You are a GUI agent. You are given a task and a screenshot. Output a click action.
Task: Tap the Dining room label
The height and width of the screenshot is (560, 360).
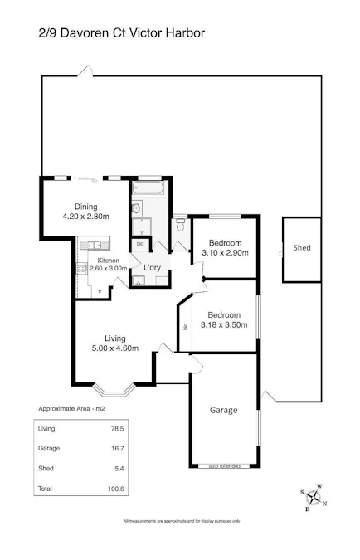(x=86, y=207)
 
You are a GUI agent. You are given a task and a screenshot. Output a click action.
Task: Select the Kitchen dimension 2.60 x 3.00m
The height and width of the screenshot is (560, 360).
(x=108, y=268)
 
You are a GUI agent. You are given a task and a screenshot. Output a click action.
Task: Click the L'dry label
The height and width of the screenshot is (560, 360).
(x=153, y=268)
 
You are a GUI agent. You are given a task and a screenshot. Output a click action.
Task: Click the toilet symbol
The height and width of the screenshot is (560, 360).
(x=180, y=225)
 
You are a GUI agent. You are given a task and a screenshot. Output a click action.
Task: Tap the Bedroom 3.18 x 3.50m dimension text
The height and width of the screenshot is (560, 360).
(x=225, y=325)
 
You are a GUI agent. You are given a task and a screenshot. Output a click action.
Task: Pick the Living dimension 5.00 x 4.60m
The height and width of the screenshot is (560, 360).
(x=114, y=348)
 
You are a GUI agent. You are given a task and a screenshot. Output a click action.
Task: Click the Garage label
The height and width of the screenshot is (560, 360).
(x=223, y=410)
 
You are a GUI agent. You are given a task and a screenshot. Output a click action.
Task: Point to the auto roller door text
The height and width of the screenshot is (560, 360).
(x=225, y=466)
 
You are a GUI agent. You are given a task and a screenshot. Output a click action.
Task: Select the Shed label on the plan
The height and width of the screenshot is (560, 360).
(x=302, y=248)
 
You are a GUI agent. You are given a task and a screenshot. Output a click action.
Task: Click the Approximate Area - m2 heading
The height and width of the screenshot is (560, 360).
(x=72, y=409)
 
